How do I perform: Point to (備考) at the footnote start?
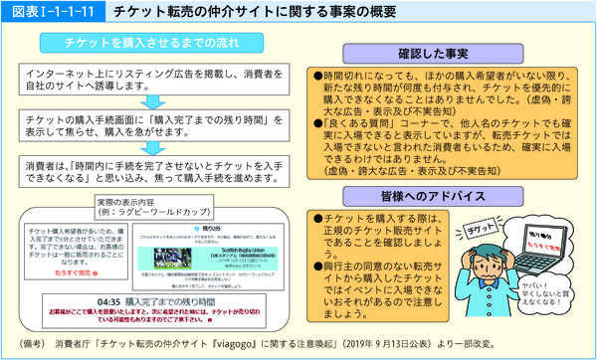tap(34, 345)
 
